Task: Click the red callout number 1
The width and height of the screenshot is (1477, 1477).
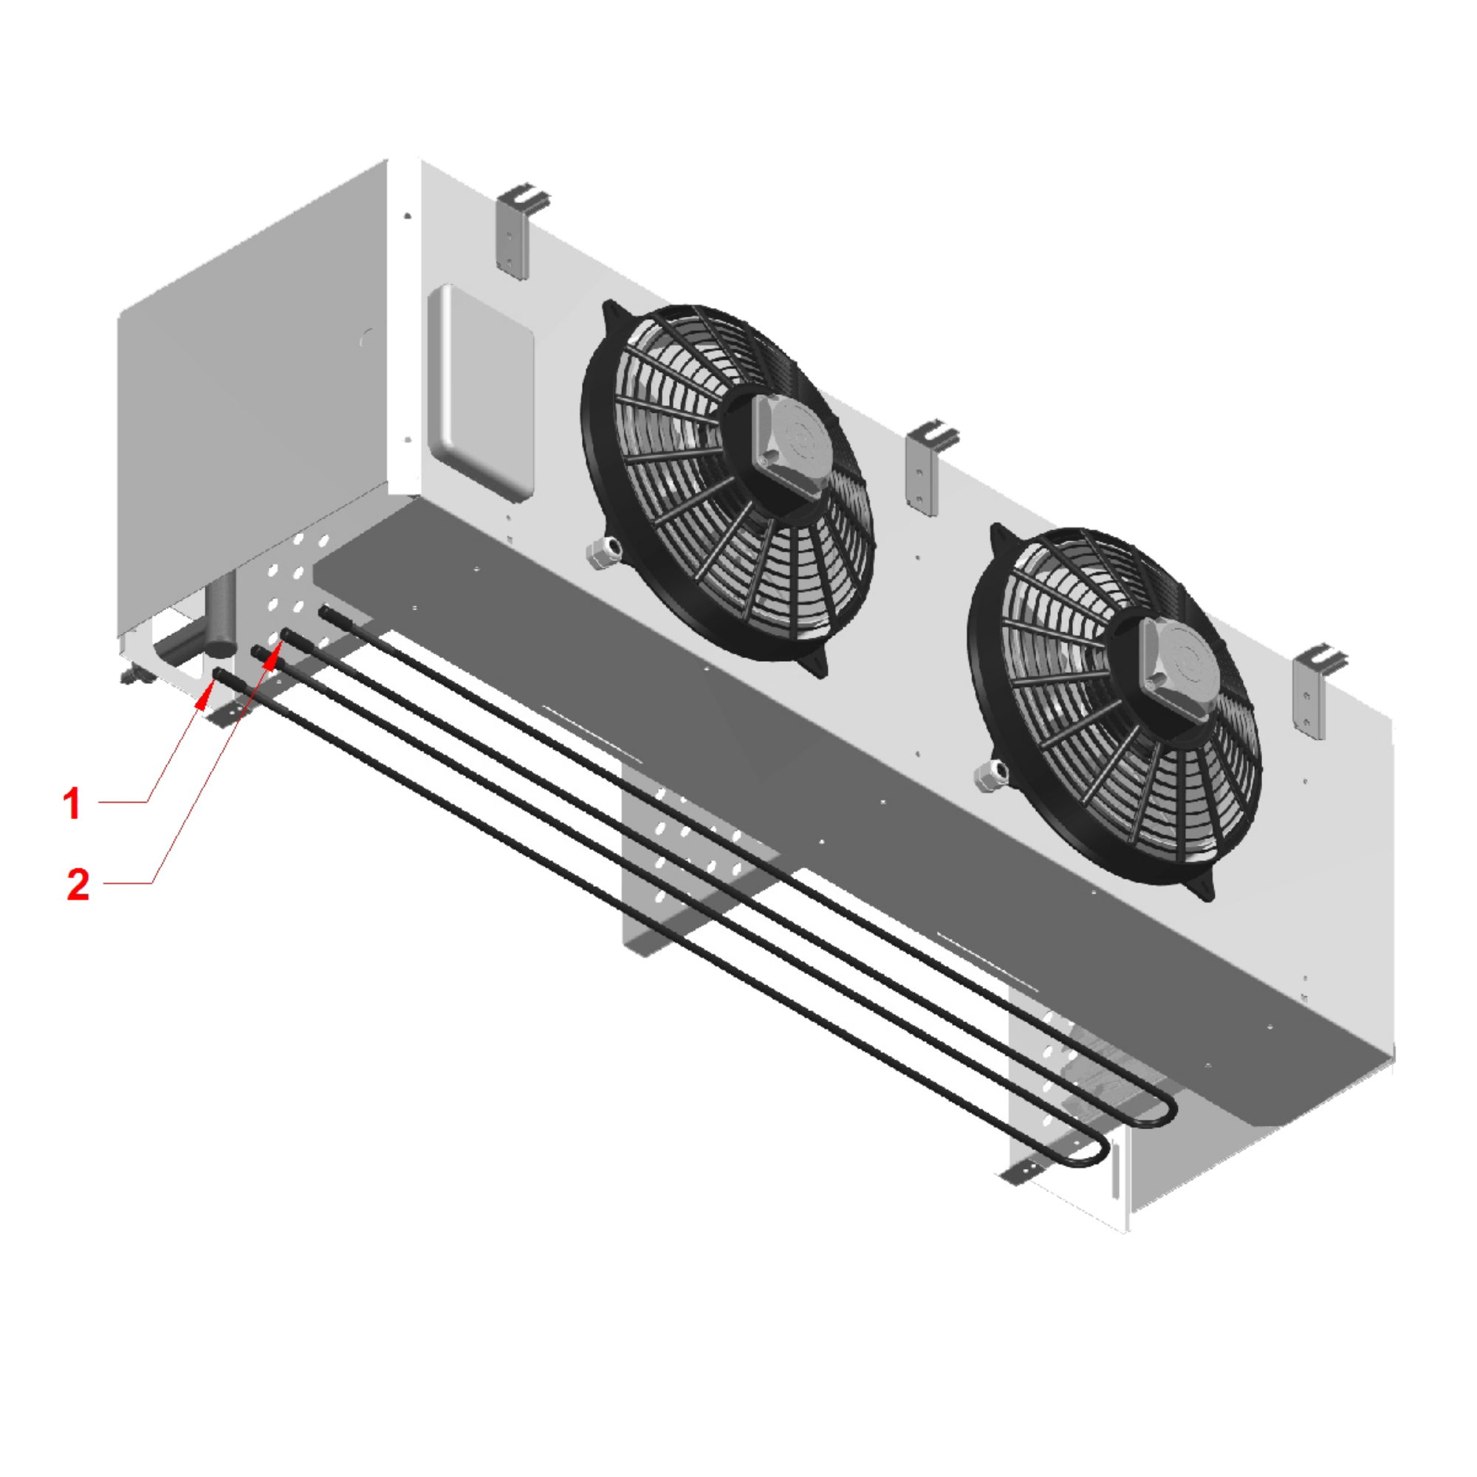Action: point(72,804)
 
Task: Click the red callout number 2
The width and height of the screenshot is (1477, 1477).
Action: point(78,885)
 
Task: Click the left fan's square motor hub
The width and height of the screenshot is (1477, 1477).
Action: point(787,443)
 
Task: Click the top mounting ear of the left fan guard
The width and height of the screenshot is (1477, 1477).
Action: point(611,313)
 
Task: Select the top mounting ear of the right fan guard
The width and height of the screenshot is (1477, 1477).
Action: point(998,537)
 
